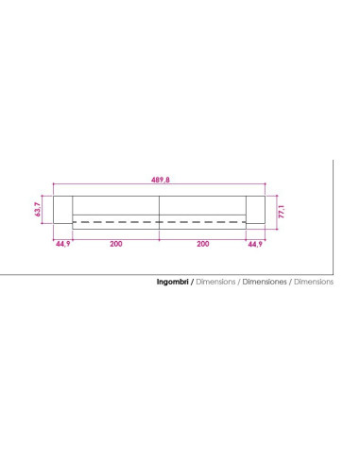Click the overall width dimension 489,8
tap(161, 180)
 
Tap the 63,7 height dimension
tap(38, 210)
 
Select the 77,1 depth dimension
tap(282, 212)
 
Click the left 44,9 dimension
tap(63, 244)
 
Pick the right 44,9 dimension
tap(255, 244)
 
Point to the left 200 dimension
tap(116, 244)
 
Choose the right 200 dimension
tap(203, 244)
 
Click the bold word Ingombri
tap(173, 282)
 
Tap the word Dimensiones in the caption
tap(265, 282)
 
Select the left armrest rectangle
tap(62, 210)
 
